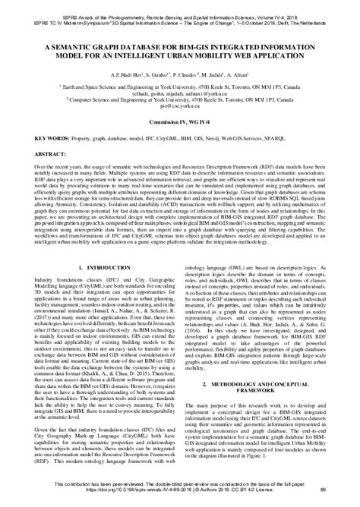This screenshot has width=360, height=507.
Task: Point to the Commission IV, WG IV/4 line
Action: [x=179, y=121]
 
